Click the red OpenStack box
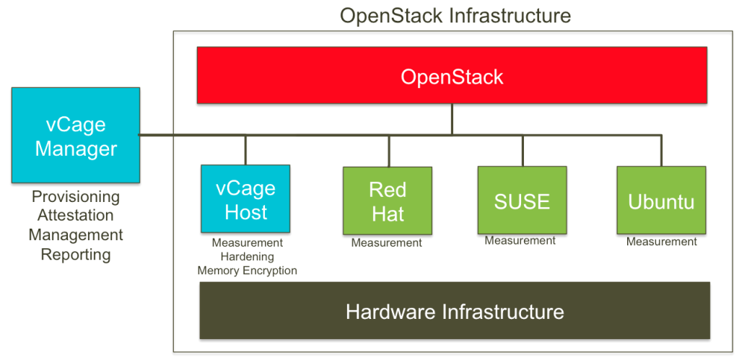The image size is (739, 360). point(452,76)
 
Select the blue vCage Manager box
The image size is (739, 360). point(76,135)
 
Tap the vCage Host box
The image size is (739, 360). point(245,199)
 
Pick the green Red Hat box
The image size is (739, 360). point(388,201)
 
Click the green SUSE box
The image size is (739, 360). point(522,200)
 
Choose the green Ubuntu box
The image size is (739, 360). point(661,200)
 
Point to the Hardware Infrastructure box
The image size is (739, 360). point(454,311)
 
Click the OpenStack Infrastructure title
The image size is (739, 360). point(455,14)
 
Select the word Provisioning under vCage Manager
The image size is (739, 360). point(75,197)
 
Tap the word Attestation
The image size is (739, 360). point(75,216)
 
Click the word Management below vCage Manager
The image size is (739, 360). point(75,235)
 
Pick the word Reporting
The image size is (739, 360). point(75,255)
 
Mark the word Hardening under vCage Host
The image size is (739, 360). point(248,257)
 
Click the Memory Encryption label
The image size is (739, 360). point(248,271)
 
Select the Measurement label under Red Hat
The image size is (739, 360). point(387,243)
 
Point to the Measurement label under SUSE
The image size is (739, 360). point(520,241)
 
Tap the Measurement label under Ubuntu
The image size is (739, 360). point(661,242)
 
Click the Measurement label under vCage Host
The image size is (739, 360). point(248,243)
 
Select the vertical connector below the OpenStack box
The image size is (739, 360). point(452,119)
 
